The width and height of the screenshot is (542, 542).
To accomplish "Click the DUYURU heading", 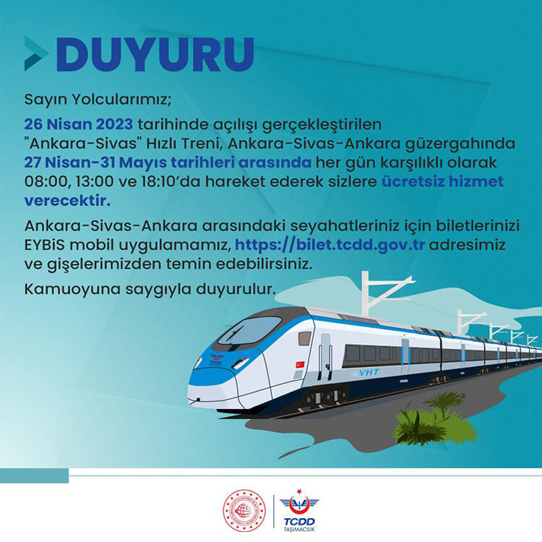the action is (155, 54).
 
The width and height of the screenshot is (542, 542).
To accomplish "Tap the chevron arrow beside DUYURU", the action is (36, 53).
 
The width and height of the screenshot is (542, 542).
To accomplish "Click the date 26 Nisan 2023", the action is (79, 124).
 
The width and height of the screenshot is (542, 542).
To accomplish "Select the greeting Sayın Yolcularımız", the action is (98, 100).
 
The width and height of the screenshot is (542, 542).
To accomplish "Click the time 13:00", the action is (95, 181).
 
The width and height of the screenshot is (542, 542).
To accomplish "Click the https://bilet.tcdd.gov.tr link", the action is (330, 245).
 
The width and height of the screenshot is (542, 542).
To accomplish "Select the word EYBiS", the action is (45, 245).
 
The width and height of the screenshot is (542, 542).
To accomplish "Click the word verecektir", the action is (67, 201).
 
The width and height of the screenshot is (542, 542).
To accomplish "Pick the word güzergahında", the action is (460, 144).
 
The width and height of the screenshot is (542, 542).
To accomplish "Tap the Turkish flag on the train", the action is (300, 364).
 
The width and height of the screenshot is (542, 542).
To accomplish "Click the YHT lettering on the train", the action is (369, 372).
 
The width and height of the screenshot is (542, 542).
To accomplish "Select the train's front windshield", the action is (249, 330).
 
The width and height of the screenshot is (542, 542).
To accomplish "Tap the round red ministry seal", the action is (244, 510).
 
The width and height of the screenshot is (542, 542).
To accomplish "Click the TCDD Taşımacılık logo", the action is (299, 510).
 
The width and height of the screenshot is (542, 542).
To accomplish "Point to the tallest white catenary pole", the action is (366, 294).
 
